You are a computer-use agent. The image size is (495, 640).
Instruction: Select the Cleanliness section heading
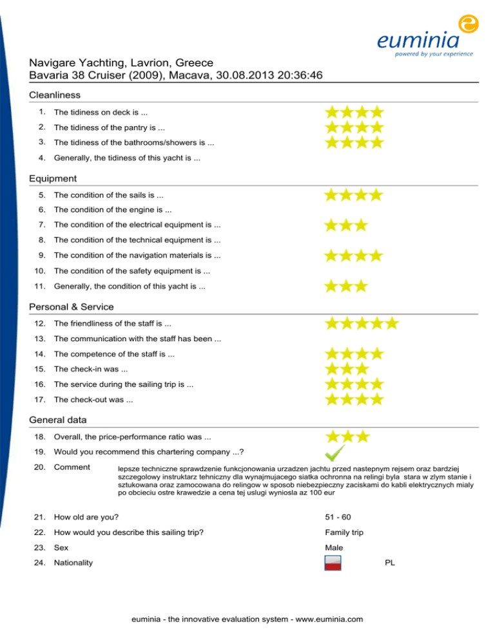coord(55,95)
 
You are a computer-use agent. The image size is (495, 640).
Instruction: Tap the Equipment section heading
coord(53,178)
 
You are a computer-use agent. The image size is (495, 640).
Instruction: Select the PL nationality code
coord(390,562)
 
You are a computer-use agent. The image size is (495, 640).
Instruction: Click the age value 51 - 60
coord(338,517)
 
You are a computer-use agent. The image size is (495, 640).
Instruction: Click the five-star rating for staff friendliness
coord(361,323)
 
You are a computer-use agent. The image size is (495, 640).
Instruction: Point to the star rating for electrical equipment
coord(345,225)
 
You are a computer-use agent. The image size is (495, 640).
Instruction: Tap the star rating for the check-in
coord(345,369)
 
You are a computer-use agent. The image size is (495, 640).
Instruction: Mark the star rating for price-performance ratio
coord(345,437)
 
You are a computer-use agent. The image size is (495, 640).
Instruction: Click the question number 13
coord(40,338)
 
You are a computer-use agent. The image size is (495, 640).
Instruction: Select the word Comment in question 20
coord(72,466)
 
